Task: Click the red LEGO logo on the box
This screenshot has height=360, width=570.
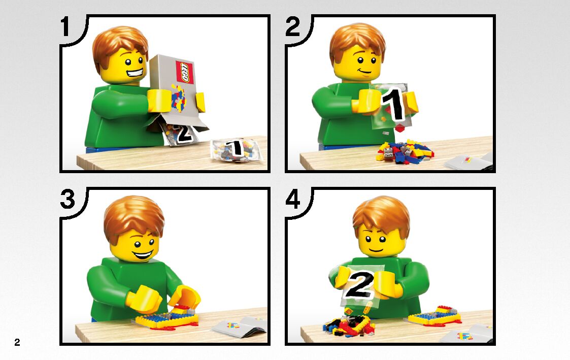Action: click(184, 72)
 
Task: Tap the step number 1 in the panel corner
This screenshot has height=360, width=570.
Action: click(65, 27)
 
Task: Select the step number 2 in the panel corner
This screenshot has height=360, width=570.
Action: click(293, 26)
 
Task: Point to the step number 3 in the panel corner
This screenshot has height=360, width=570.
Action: click(68, 200)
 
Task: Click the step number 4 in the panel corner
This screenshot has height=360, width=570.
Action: click(293, 200)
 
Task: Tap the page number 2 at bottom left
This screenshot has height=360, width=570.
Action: click(17, 342)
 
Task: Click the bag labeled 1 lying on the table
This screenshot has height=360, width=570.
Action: click(237, 149)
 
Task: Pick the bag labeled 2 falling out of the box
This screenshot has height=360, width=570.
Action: click(181, 134)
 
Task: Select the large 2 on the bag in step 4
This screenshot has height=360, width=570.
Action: click(359, 284)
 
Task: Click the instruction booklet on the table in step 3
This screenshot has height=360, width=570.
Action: click(240, 326)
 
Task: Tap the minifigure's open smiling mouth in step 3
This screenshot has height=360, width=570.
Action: click(143, 254)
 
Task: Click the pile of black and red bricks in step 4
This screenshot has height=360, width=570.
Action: click(349, 325)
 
